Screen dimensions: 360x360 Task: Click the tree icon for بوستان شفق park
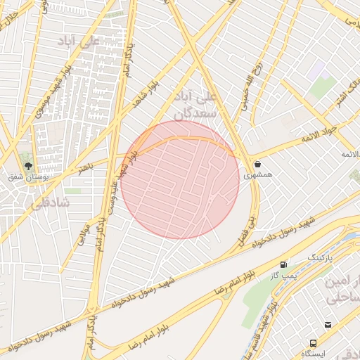(x=29, y=166)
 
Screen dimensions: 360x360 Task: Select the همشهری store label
(x=257, y=176)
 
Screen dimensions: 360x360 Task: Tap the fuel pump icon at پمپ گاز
(x=284, y=264)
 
